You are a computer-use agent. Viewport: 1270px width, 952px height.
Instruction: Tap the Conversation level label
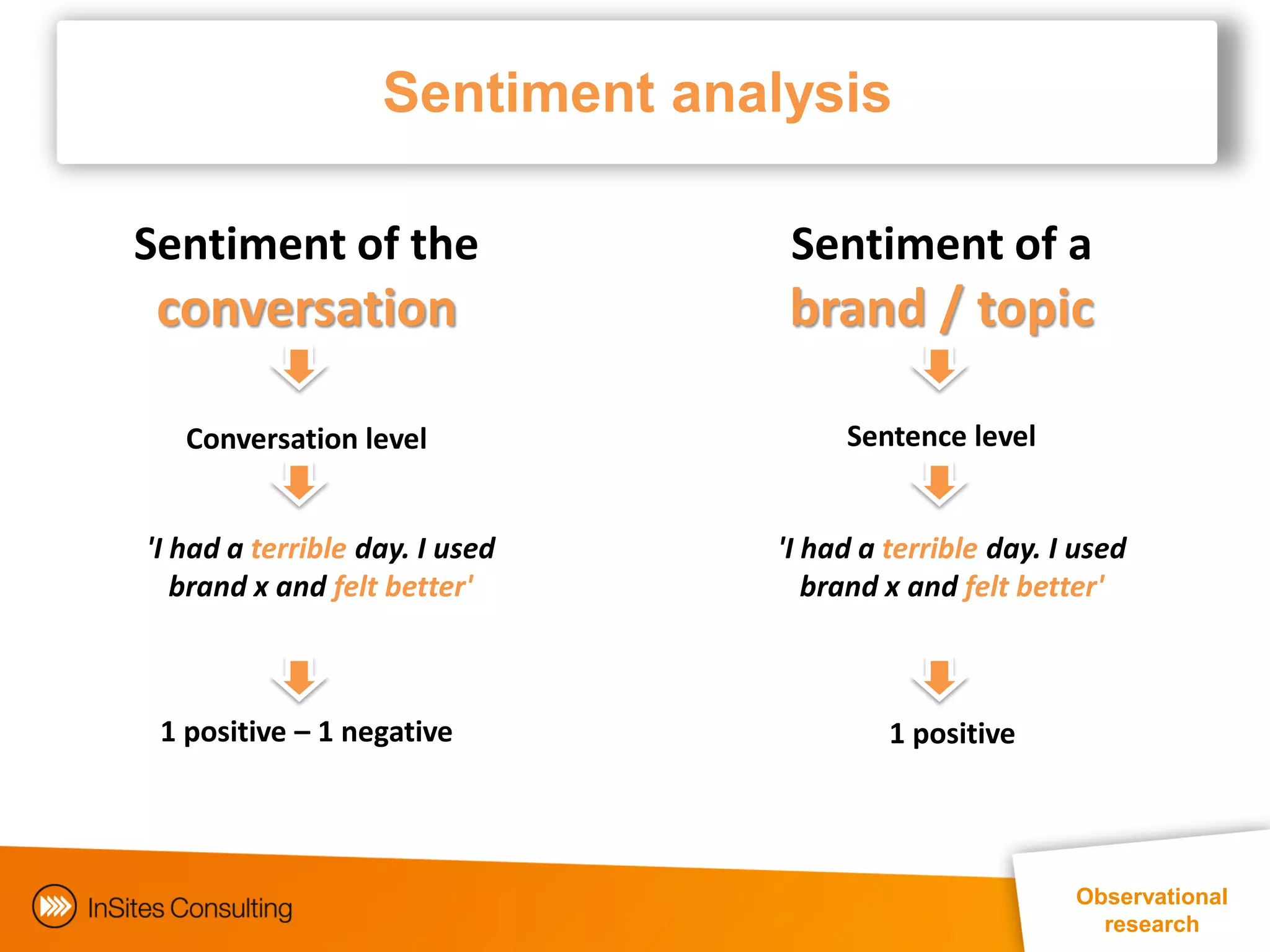[306, 439]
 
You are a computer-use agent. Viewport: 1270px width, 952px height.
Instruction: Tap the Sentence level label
[941, 436]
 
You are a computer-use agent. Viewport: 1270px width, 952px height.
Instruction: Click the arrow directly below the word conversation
[300, 368]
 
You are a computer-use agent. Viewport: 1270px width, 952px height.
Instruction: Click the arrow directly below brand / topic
[939, 368]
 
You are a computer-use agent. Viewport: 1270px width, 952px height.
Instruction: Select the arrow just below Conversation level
[300, 485]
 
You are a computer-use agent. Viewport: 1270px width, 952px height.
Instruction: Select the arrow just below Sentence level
[939, 485]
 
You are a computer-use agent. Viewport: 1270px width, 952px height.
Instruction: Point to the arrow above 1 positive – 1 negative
[300, 679]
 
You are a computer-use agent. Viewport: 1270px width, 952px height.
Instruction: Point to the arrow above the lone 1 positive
[939, 679]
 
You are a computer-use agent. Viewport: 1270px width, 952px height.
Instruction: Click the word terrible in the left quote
[298, 549]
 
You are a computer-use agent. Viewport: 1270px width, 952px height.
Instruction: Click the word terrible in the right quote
[930, 549]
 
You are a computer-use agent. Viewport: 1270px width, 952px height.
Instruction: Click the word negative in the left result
[396, 732]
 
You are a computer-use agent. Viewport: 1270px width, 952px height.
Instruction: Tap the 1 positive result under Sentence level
[952, 734]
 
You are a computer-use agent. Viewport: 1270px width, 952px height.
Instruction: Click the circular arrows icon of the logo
[55, 906]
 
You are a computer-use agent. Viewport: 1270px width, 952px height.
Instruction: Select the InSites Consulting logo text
[190, 908]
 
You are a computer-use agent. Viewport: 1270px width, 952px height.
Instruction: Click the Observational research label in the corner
[1151, 910]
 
